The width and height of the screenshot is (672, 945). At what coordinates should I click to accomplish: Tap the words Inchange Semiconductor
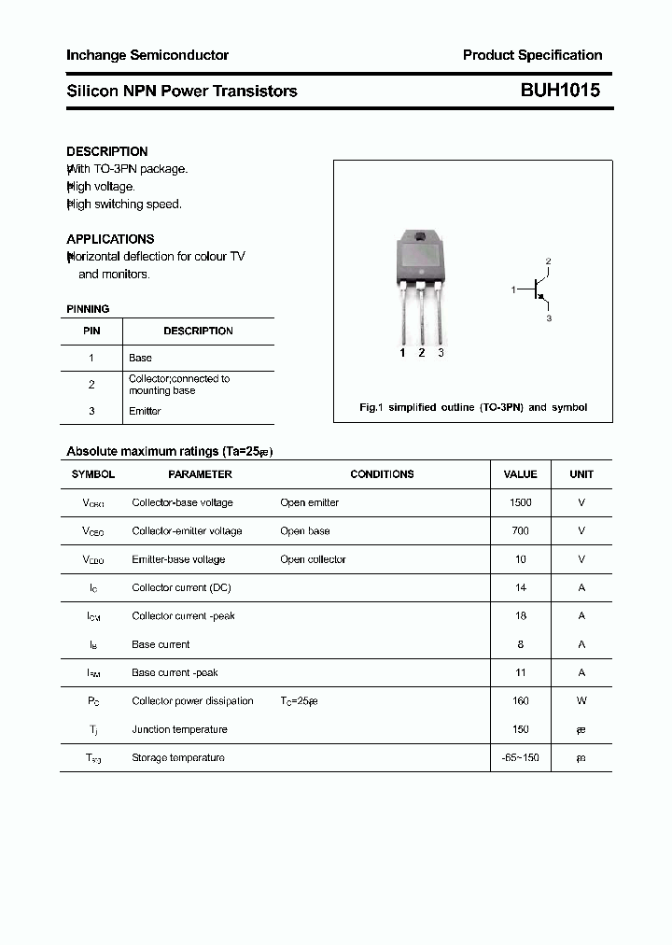147,55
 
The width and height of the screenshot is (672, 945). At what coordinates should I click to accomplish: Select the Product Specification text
532,55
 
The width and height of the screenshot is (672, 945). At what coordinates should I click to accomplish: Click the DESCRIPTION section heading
107,151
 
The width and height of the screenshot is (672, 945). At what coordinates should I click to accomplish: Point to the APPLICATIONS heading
110,239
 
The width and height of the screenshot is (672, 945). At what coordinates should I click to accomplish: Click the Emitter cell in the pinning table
145,411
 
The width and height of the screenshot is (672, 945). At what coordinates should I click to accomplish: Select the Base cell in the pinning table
140,358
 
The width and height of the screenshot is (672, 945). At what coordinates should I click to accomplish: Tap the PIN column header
91,331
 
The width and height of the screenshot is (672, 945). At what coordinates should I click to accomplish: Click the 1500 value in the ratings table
521,502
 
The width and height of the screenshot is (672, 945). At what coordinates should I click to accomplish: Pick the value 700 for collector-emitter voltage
521,530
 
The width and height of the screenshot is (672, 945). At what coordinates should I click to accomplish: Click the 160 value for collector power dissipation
521,700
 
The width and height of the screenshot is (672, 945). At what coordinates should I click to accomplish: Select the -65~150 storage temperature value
521,757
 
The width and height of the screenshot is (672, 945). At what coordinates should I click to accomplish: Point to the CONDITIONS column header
382,474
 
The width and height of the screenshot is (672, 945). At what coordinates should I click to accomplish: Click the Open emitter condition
309,502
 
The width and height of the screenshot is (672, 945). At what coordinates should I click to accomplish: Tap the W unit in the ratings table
581,700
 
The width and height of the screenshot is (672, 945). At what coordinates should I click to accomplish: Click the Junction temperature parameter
179,729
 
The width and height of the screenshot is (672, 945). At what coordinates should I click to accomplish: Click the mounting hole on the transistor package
422,237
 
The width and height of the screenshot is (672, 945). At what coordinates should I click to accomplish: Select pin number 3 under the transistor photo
441,353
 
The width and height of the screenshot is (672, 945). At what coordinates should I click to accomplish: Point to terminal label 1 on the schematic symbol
513,290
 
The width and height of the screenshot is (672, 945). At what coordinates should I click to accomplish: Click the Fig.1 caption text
473,408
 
